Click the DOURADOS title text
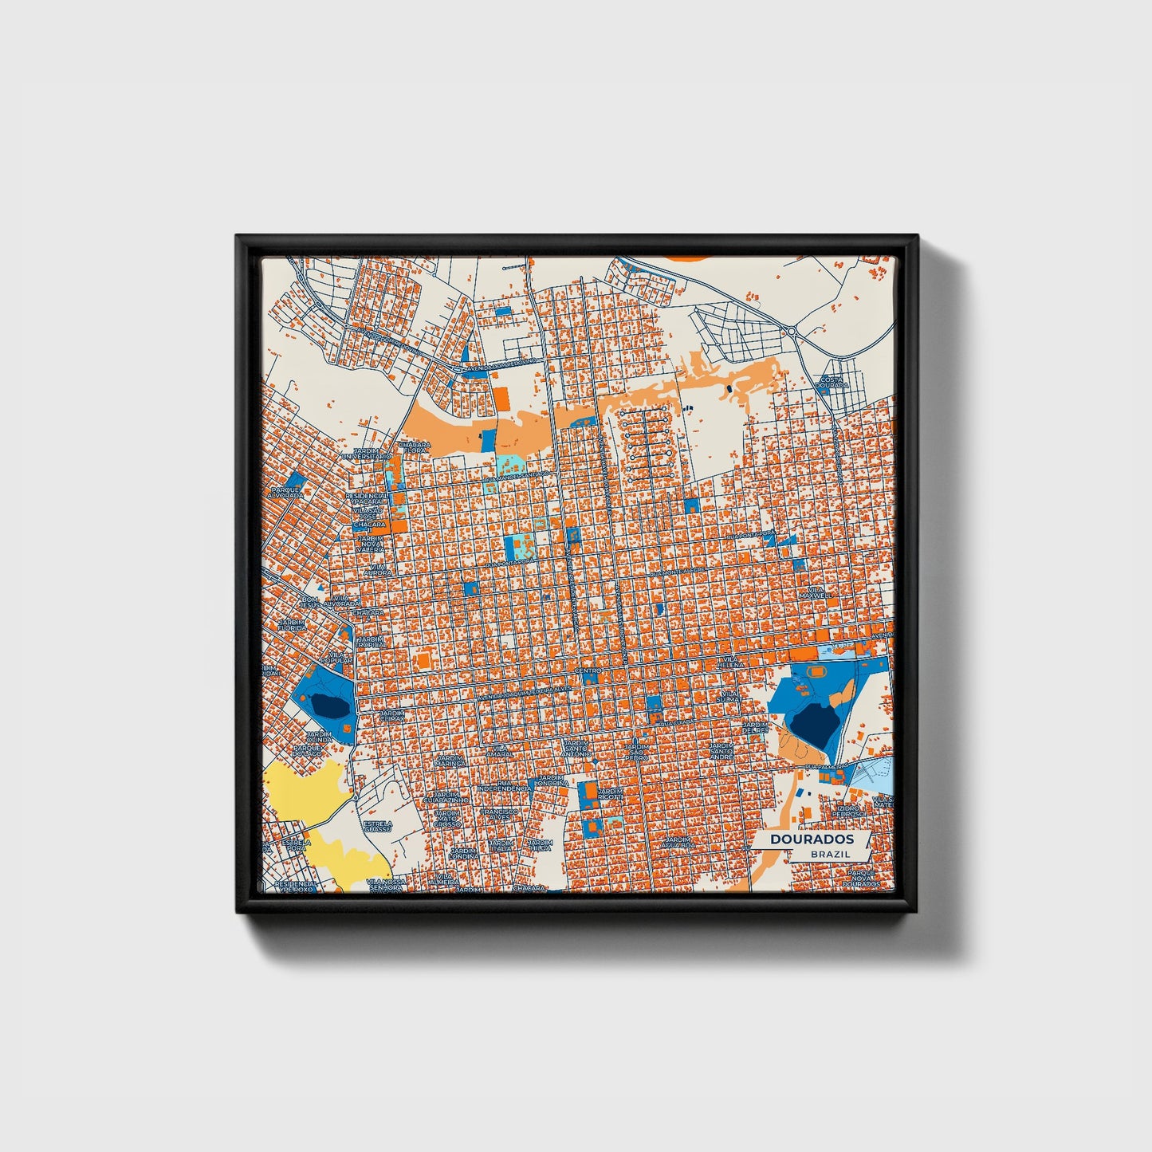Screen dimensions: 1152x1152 812,839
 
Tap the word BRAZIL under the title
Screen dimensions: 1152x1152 830,854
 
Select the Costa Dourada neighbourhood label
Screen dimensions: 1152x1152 832,382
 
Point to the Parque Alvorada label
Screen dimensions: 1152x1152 285,492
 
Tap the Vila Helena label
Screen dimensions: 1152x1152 729,662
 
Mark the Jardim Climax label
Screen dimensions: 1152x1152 391,715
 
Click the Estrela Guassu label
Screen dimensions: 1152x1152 377,826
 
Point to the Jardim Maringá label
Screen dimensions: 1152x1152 450,761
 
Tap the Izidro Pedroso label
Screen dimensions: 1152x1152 847,810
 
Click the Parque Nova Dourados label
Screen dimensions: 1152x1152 862,879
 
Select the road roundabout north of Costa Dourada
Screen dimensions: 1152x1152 792,332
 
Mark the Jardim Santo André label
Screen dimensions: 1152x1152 721,751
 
